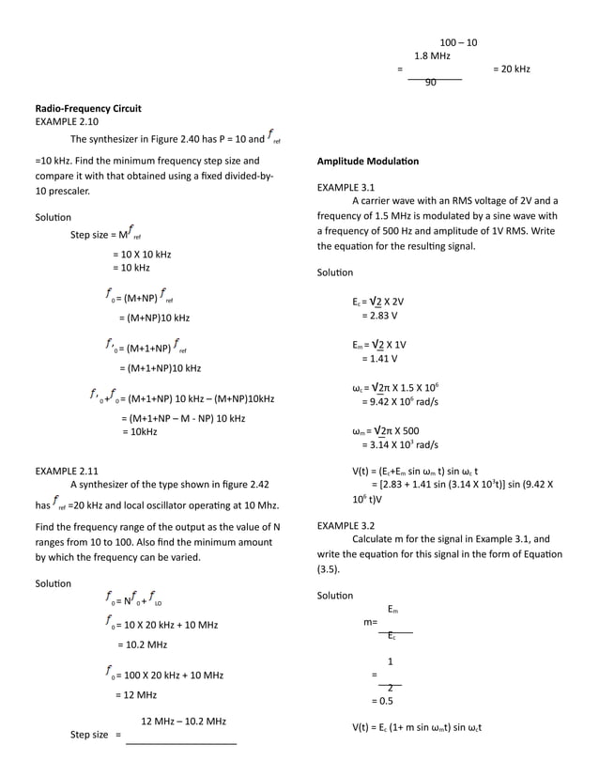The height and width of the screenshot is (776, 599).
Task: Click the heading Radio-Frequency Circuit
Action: pyautogui.click(x=88, y=109)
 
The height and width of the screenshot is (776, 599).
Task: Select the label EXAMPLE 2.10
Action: pyautogui.click(x=67, y=122)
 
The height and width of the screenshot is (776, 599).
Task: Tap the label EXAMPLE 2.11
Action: pyautogui.click(x=67, y=469)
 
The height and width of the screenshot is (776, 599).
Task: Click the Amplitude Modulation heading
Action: pyautogui.click(x=368, y=162)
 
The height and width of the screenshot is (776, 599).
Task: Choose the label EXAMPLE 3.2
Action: pyautogui.click(x=346, y=525)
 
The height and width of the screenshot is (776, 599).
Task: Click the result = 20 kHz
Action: pyautogui.click(x=511, y=69)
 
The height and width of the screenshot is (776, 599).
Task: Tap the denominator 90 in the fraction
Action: pyautogui.click(x=431, y=83)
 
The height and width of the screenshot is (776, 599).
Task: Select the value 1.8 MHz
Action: pyautogui.click(x=432, y=56)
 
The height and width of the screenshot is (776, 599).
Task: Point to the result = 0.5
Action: pyautogui.click(x=382, y=701)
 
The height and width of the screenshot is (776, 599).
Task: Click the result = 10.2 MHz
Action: pyautogui.click(x=143, y=644)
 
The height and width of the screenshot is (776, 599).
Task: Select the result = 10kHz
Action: pyautogui.click(x=140, y=431)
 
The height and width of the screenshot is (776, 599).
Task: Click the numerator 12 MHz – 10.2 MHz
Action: pyautogui.click(x=183, y=722)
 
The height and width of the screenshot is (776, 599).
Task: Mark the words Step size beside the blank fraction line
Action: pyautogui.click(x=89, y=735)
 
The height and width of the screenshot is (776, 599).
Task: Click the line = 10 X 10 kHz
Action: pyautogui.click(x=141, y=255)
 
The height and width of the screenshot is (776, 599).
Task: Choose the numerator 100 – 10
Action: pyautogui.click(x=458, y=42)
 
